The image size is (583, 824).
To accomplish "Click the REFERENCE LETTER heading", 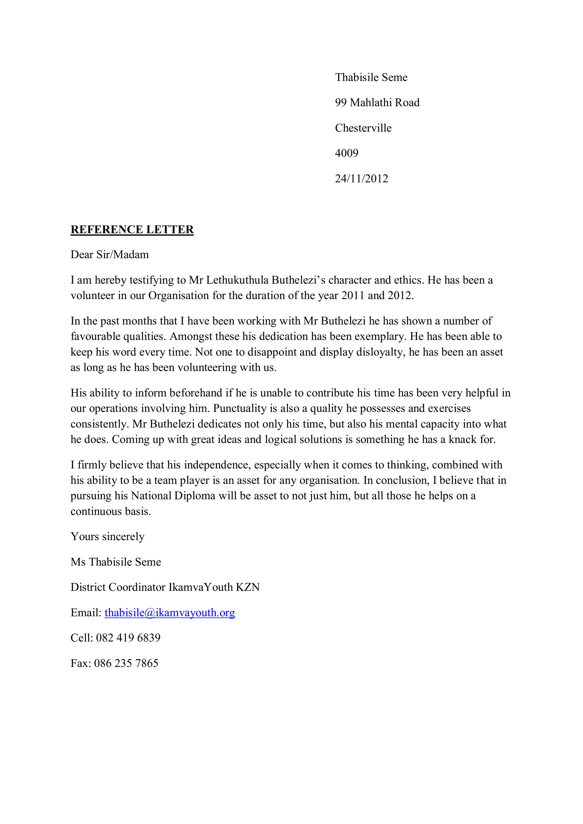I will click(x=132, y=229).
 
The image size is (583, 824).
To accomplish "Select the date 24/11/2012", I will click(x=361, y=178).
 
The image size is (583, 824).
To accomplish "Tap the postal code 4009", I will click(x=346, y=153).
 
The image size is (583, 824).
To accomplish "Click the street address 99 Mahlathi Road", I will click(x=377, y=103).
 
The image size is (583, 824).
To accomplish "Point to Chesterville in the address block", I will click(x=363, y=128).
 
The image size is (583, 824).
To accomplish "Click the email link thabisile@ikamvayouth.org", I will click(x=169, y=612).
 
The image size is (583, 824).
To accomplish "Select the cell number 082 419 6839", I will click(x=128, y=638).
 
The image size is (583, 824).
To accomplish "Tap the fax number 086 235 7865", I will click(x=126, y=663).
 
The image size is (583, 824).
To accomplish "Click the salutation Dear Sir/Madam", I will click(x=110, y=255).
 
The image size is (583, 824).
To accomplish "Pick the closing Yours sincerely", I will click(x=107, y=537).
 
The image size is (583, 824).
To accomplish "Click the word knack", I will click(x=463, y=439).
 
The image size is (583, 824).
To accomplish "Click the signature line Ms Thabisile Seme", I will click(x=116, y=562).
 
